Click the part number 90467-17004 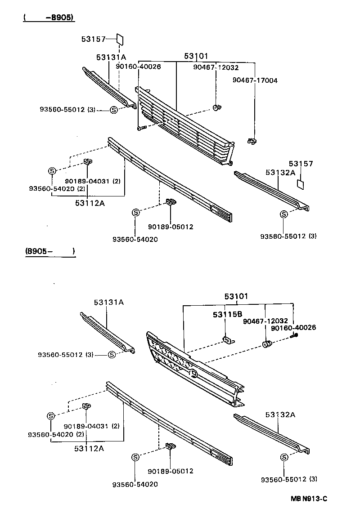(255, 80)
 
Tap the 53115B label (228, 314)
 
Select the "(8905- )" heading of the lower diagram (47, 252)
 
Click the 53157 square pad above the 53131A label (120, 39)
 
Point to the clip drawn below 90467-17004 (252, 141)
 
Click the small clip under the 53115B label (228, 340)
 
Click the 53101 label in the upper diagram (196, 56)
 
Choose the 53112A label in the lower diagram (90, 448)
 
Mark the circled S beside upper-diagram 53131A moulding (113, 110)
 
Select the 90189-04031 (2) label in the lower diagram (92, 426)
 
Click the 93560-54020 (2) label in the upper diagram (57, 188)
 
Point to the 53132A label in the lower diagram (280, 414)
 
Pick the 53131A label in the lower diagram (108, 303)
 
